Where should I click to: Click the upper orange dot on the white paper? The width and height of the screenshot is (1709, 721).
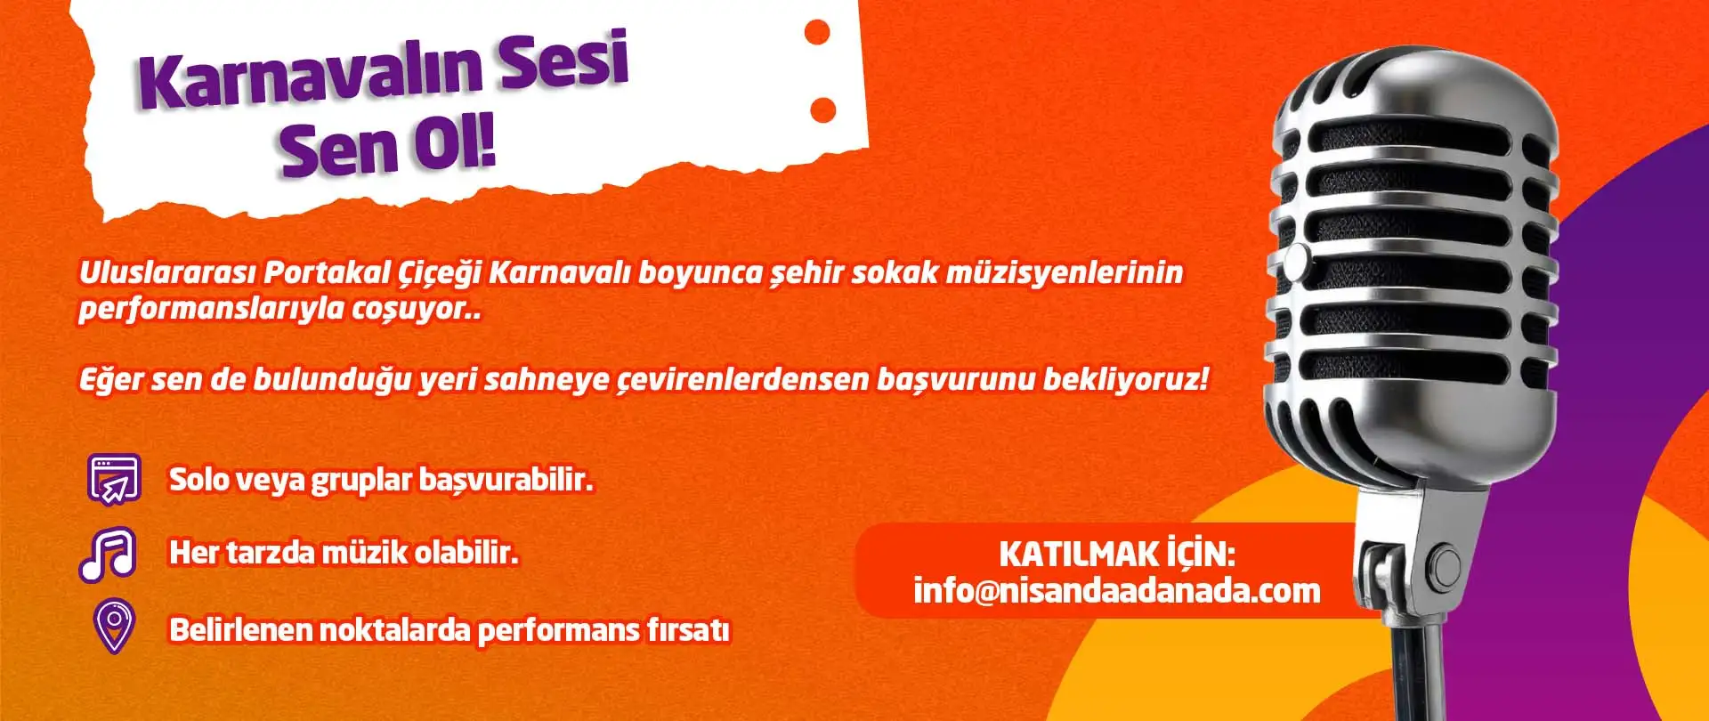[x=816, y=33]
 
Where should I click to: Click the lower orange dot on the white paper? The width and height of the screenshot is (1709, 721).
[x=823, y=109]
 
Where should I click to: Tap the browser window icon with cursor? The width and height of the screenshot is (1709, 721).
[x=115, y=479]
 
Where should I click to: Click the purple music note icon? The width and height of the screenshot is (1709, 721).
[x=108, y=554]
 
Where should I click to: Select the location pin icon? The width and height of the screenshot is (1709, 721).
[x=114, y=625]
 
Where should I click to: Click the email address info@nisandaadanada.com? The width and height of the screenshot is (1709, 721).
[x=1116, y=590]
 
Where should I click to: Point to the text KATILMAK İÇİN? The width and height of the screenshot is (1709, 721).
[x=1116, y=554]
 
